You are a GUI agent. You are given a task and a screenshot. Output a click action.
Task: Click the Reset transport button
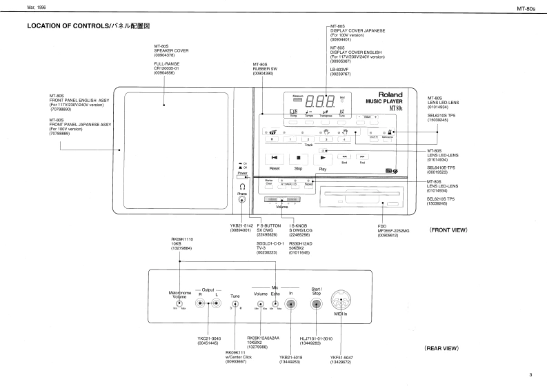coord(275,158)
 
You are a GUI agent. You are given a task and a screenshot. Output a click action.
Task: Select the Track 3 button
coord(326,139)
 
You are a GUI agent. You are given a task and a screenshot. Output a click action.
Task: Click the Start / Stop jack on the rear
coord(317,303)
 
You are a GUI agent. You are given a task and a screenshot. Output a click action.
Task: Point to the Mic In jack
coord(291,304)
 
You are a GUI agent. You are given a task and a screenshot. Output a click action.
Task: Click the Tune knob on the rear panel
coord(235,304)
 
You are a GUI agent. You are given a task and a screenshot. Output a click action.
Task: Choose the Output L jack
coord(216,304)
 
